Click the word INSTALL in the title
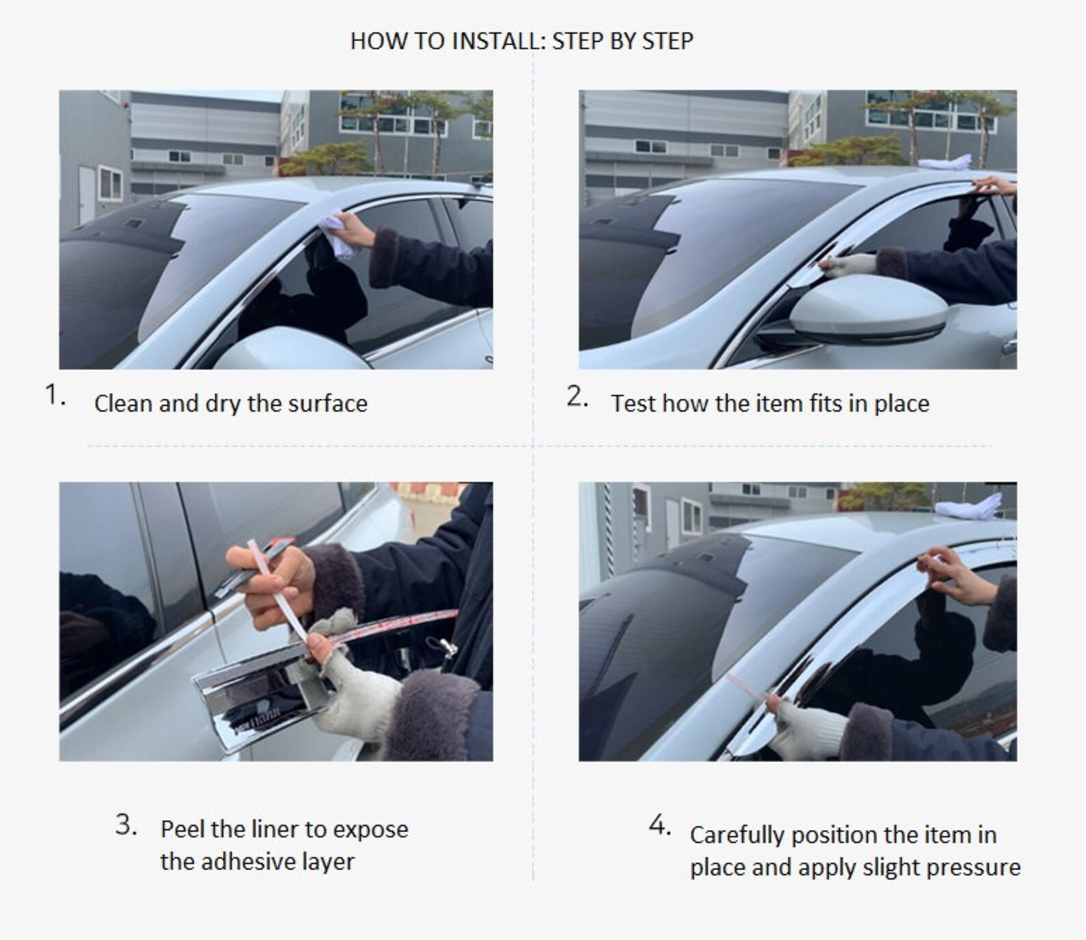click(x=494, y=41)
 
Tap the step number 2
click(x=577, y=396)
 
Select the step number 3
click(x=126, y=824)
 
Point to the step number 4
click(x=659, y=825)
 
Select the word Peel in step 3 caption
click(x=183, y=829)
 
